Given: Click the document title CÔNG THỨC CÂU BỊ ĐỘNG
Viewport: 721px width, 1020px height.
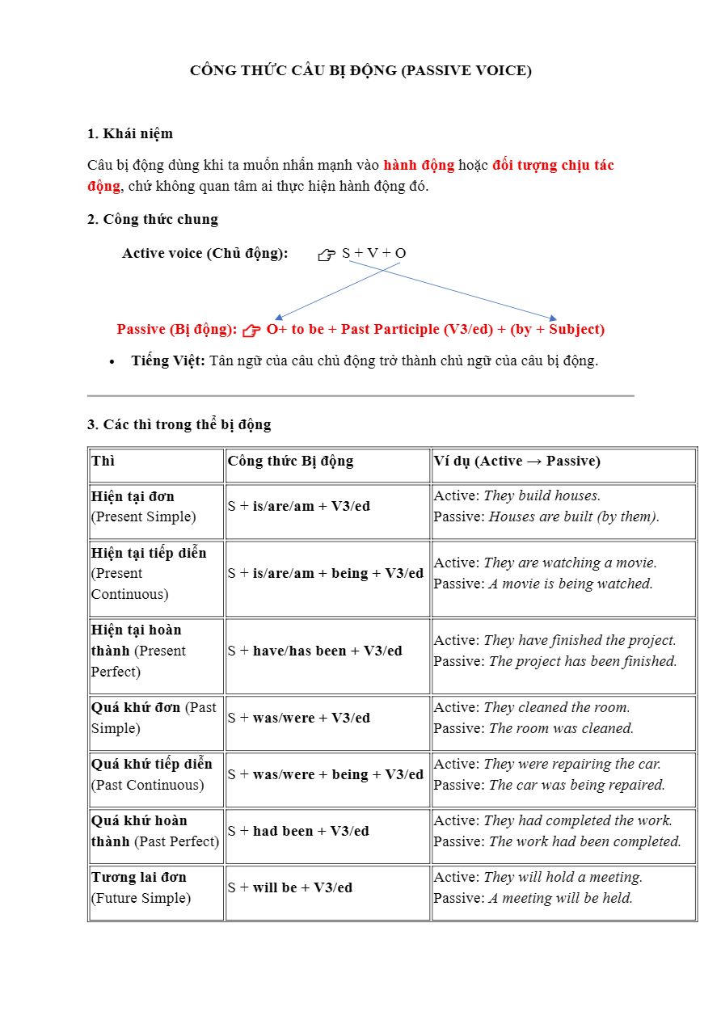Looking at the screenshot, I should (x=360, y=70).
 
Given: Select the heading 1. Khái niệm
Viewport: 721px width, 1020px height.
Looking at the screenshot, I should (x=130, y=133).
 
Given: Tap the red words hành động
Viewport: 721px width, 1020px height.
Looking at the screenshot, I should (x=419, y=165).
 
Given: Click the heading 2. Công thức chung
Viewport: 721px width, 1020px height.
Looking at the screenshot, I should (x=153, y=219).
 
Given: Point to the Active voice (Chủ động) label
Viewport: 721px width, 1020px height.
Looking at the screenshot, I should (x=205, y=253).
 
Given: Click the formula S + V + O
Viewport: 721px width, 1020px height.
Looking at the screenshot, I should (x=373, y=253).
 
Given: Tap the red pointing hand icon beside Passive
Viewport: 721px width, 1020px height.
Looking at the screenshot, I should (x=251, y=330).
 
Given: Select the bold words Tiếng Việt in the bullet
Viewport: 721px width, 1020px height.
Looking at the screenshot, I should (x=168, y=360).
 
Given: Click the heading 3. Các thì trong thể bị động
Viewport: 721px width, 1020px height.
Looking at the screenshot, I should (x=179, y=424).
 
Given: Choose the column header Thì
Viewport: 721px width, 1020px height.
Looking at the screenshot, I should (x=103, y=461).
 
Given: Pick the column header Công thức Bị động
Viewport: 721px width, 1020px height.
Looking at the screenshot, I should (x=291, y=461).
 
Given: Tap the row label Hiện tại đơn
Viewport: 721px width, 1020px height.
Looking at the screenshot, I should (x=133, y=496).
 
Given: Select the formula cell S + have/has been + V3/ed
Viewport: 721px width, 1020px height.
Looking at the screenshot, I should (x=315, y=651).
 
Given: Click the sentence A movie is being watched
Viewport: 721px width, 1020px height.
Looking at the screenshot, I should (x=571, y=584).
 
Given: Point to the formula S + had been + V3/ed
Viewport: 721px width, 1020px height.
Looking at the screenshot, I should (x=298, y=831).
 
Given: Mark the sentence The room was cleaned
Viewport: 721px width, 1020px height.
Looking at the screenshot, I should (x=561, y=728).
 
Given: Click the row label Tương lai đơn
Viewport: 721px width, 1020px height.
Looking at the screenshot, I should (x=139, y=877).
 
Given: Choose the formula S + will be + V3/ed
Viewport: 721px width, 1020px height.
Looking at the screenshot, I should (x=290, y=887).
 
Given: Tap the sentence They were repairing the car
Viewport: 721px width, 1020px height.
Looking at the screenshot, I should (x=572, y=764).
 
